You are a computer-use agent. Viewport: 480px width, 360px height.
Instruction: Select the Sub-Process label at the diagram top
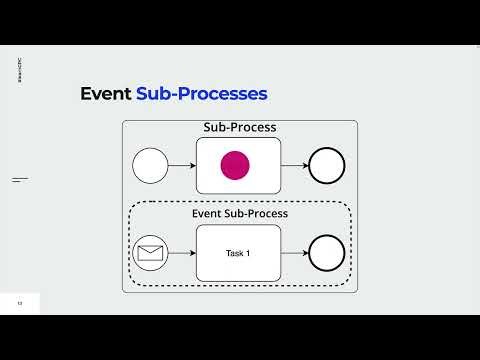[239, 128]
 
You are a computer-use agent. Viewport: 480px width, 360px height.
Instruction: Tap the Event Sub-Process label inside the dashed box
[239, 214]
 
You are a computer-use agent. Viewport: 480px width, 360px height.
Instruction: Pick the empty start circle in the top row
[150, 165]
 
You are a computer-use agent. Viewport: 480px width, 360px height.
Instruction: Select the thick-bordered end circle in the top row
[327, 165]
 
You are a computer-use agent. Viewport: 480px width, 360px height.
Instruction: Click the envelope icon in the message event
[150, 252]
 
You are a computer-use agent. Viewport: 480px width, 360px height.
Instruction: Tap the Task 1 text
[238, 253]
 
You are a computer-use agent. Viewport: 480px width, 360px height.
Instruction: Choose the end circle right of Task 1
[327, 252]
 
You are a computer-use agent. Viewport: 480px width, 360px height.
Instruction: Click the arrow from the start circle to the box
[182, 165]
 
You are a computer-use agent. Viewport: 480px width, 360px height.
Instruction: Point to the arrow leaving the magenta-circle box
[294, 165]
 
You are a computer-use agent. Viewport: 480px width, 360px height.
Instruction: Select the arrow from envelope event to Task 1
[182, 252]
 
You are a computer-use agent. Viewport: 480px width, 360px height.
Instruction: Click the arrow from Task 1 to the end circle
[294, 252]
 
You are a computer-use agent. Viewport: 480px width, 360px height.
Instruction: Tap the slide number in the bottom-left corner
[17, 303]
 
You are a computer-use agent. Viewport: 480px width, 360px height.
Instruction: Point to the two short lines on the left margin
[19, 180]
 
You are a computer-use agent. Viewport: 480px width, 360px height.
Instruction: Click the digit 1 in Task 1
[248, 253]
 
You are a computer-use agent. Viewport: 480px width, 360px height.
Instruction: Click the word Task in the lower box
[234, 253]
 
